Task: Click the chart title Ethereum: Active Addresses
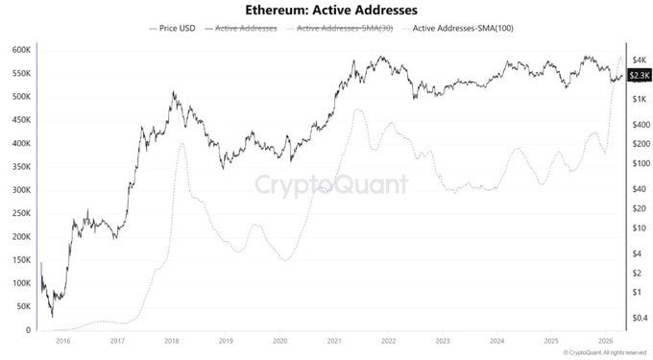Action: point(326,11)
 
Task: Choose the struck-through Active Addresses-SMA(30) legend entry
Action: point(339,29)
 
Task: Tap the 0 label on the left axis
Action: point(29,330)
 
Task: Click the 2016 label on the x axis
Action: point(63,341)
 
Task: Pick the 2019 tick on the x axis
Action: point(225,341)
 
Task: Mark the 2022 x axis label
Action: point(388,341)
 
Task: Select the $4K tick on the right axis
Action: point(636,60)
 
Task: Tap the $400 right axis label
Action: point(638,124)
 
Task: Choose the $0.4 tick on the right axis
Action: point(638,318)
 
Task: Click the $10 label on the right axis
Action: point(636,228)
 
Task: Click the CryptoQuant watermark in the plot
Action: point(330,184)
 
